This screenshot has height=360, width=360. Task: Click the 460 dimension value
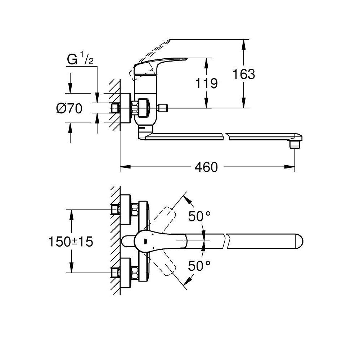click(206, 167)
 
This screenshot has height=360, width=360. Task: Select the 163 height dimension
click(244, 74)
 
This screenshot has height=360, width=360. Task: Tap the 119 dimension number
click(206, 84)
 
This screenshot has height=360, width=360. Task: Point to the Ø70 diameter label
click(69, 108)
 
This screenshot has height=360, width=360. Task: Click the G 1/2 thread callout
click(80, 59)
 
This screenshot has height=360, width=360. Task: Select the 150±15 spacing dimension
click(71, 242)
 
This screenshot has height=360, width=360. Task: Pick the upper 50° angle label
click(199, 216)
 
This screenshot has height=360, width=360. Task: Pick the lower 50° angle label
click(199, 266)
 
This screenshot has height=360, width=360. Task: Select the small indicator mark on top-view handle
click(144, 242)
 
